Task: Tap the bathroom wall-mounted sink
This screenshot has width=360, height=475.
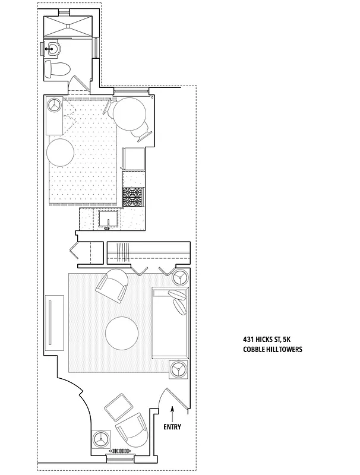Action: click(x=54, y=49)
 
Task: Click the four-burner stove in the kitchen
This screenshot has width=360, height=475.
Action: click(x=134, y=196)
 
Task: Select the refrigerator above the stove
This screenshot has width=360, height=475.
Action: click(x=134, y=159)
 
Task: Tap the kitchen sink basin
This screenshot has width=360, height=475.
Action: click(x=110, y=219)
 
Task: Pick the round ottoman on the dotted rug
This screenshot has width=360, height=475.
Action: click(x=61, y=153)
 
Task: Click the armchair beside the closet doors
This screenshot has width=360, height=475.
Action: click(x=113, y=286)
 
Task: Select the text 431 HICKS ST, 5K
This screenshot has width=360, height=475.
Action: click(x=266, y=339)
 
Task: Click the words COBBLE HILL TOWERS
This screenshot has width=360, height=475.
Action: click(x=272, y=350)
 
